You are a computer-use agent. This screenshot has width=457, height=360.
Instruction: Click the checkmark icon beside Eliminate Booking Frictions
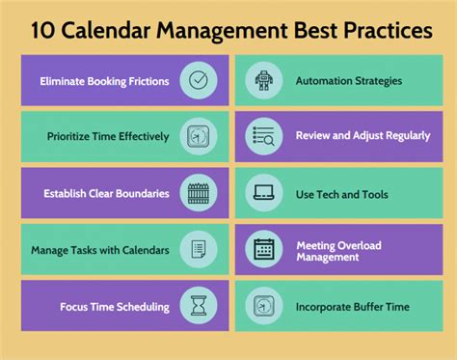click(199, 80)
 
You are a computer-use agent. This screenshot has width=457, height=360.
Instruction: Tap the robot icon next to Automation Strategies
click(264, 80)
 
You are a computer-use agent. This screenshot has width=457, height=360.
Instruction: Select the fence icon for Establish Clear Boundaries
click(199, 193)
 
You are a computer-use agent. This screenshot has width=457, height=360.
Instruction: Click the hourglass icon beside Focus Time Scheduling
click(199, 305)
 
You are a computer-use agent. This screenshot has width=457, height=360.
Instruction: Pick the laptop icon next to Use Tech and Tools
click(263, 192)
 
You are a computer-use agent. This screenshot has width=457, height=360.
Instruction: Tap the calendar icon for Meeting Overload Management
click(264, 249)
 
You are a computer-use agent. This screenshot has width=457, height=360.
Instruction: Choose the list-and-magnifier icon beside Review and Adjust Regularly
click(263, 136)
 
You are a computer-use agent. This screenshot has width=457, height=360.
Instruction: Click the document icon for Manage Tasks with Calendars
click(199, 249)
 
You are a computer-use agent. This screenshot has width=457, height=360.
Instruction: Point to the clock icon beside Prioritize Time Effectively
click(198, 136)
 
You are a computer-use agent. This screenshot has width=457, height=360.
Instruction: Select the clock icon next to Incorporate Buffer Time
click(264, 305)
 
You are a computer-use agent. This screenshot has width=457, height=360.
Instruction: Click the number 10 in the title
click(42, 31)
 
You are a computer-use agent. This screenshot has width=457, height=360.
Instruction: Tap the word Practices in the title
click(388, 31)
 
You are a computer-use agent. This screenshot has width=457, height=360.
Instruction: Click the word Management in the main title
click(222, 31)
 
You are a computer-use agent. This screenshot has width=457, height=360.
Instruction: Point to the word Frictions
click(148, 81)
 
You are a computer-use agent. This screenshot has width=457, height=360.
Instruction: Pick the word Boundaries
click(143, 193)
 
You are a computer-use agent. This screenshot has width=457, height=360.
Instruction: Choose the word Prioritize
click(67, 136)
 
